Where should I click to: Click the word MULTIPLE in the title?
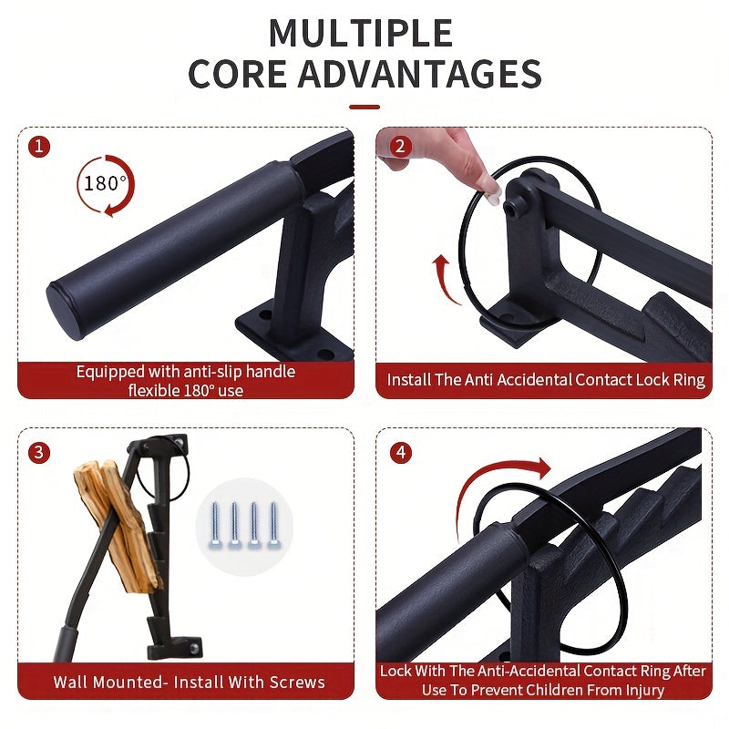361,33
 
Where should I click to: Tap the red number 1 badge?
39,147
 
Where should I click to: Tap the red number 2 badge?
400,147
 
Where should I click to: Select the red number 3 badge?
39,452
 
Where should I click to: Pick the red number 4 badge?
401,452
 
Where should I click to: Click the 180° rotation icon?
105,185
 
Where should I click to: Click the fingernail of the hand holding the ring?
493,199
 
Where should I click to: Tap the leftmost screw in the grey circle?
215,525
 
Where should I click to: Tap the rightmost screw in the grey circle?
272,525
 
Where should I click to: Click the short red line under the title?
364,107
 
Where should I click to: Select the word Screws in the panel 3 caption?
297,682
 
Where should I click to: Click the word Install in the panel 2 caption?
409,380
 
